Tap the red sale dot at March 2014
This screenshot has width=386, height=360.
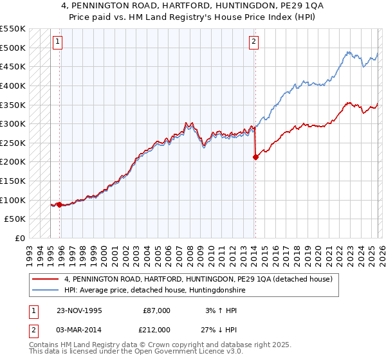point(255,156)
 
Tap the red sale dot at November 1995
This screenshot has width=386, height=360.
point(60,204)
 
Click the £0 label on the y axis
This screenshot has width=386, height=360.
point(21,239)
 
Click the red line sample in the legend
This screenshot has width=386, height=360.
point(46,279)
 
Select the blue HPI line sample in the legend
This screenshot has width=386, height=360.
point(46,291)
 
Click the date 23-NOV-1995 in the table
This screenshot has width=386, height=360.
point(80,310)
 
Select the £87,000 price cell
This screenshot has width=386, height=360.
point(156,310)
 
